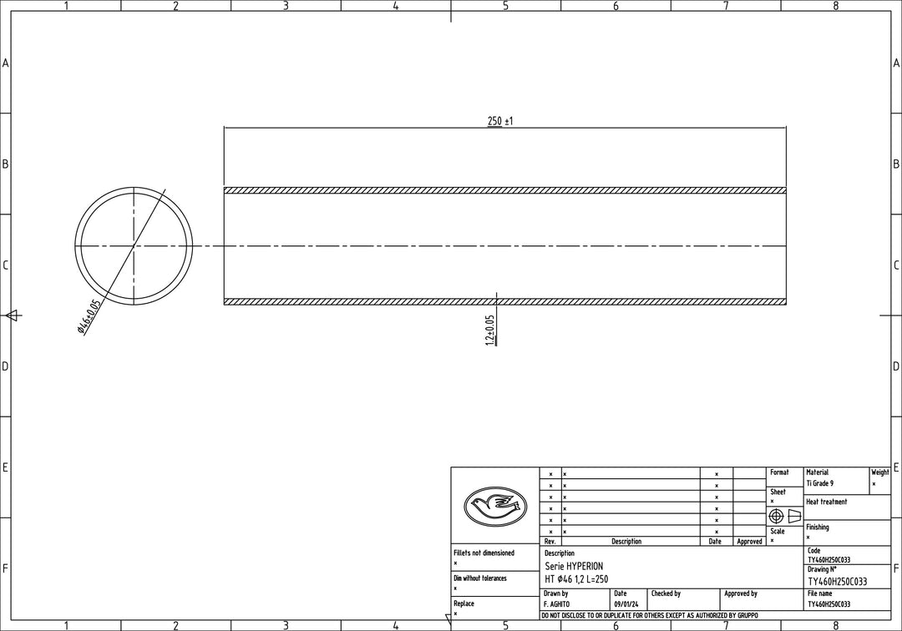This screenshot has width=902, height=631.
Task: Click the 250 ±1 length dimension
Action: point(500,121)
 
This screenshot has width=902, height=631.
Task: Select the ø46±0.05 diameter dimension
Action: point(89,317)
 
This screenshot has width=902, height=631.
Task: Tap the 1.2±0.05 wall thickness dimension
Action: point(490,330)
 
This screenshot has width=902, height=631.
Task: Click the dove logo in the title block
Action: point(494,506)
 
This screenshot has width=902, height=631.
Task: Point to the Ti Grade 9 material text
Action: point(820,483)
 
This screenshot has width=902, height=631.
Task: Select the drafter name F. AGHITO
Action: point(557,604)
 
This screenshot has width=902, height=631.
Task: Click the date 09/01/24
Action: point(626,604)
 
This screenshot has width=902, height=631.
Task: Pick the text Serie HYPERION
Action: point(574,566)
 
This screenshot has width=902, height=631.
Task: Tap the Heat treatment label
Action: point(827,502)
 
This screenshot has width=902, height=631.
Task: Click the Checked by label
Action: point(666,593)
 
